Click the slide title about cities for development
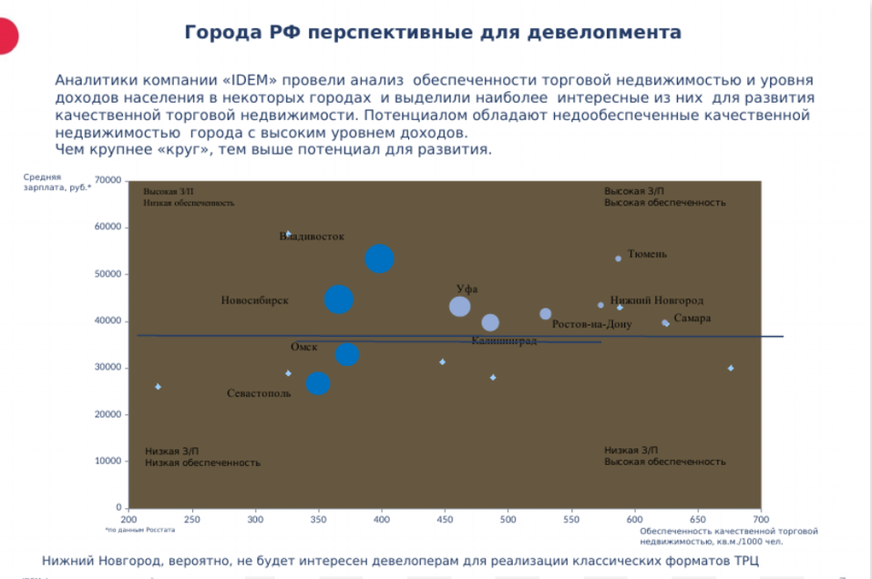point(433,33)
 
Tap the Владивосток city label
point(312,237)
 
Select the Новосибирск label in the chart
point(254,300)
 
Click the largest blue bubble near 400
point(379,259)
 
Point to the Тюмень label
point(647,254)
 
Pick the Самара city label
point(692,319)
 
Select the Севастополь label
point(259,393)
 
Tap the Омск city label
point(303,347)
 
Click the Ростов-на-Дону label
point(591,324)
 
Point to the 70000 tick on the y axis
point(108,180)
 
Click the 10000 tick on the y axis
point(108,461)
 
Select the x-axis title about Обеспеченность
point(728,535)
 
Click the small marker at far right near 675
point(731,368)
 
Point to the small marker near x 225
point(158,387)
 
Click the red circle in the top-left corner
point(6,34)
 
